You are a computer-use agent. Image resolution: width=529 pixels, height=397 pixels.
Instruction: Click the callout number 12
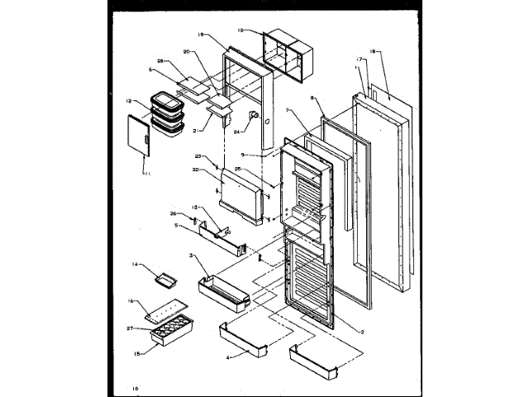click(130, 102)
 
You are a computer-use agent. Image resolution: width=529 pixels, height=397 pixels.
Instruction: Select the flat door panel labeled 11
click(136, 134)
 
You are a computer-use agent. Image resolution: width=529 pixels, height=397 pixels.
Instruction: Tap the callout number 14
click(134, 264)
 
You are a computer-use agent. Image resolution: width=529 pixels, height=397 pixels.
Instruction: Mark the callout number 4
click(228, 356)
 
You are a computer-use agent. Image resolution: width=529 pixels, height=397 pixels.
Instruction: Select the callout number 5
click(176, 226)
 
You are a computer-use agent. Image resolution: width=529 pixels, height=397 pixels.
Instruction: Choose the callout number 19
click(201, 35)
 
